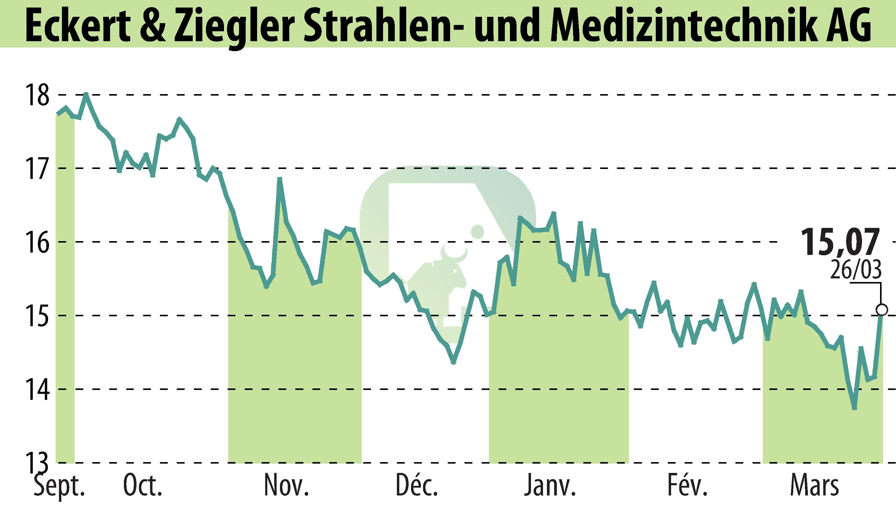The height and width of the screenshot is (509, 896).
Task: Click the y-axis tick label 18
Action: (36, 95)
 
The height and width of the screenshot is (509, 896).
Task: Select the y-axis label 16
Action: (36, 242)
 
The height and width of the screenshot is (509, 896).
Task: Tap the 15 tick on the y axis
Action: (36, 316)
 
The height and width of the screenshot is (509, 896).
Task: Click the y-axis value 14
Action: (36, 389)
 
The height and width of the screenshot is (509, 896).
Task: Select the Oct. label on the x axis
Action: (143, 487)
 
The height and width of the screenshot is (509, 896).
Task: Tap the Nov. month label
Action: (286, 487)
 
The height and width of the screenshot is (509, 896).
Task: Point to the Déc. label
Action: (417, 487)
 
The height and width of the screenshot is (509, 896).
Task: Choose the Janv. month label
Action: (550, 487)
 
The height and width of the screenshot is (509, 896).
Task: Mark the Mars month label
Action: (814, 487)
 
